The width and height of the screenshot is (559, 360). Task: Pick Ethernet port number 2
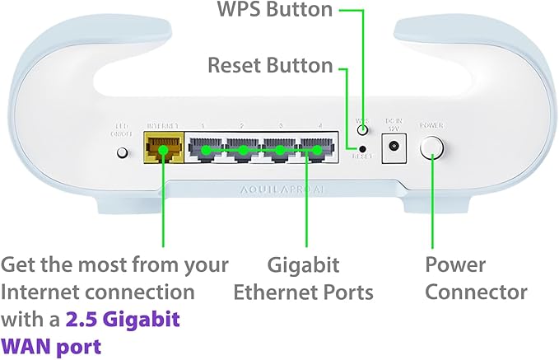[243, 151]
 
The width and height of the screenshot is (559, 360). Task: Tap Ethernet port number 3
[280, 151]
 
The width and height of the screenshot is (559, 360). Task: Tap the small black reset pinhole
[361, 147]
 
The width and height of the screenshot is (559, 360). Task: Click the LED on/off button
[123, 152]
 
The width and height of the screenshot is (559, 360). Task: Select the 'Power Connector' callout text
[476, 278]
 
